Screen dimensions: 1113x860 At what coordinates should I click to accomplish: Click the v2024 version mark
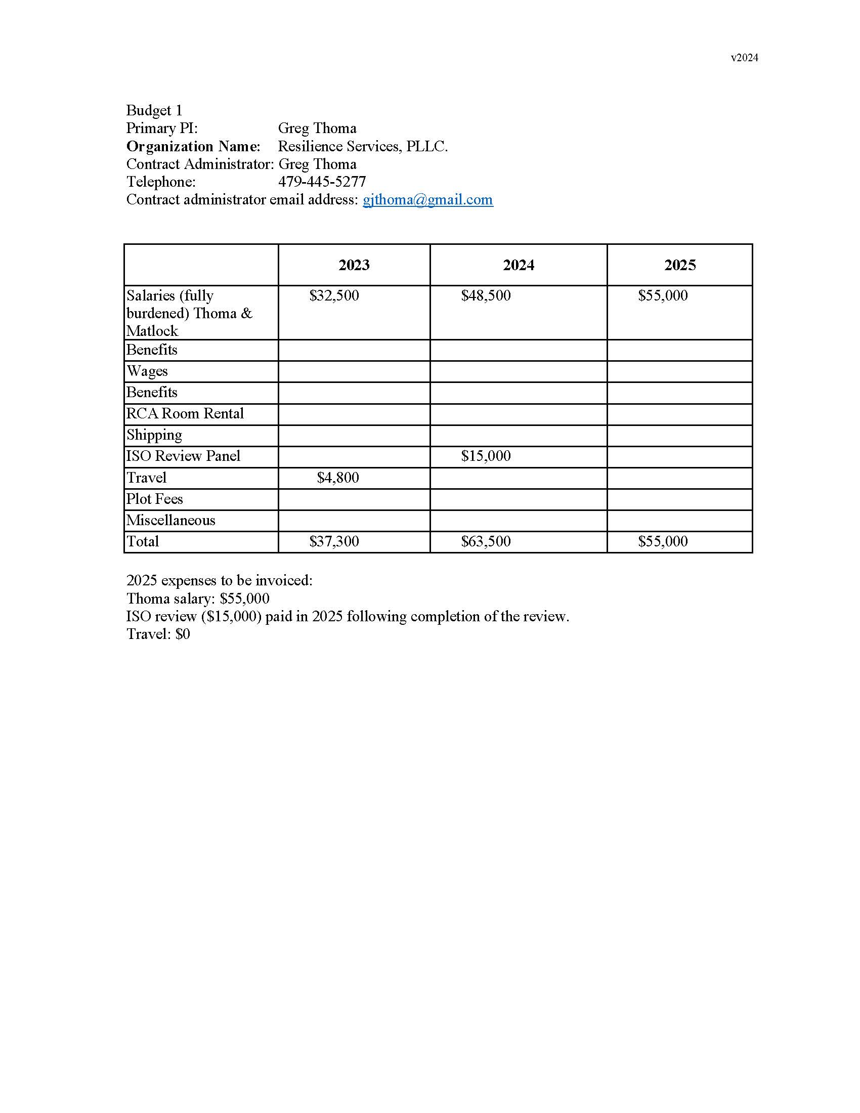744,58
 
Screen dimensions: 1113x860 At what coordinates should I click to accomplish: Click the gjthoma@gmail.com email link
427,199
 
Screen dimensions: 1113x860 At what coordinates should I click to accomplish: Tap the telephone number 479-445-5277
321,182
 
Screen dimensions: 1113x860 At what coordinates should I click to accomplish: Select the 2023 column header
354,265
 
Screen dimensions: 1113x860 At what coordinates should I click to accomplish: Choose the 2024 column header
518,265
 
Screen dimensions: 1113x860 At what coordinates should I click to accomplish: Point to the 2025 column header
679,265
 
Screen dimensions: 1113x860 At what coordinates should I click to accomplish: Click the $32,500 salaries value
334,295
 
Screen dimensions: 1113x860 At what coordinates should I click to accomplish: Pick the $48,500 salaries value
486,295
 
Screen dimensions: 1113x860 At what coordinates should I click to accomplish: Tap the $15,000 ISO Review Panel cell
486,456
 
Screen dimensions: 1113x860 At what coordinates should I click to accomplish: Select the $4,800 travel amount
338,478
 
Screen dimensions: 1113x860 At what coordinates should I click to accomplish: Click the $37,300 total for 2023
334,541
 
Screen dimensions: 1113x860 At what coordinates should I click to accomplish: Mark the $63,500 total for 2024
486,541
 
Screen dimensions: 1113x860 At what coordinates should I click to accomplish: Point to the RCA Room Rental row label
185,413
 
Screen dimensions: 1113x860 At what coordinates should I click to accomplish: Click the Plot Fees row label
154,499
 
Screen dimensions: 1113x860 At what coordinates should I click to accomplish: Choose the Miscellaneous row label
170,520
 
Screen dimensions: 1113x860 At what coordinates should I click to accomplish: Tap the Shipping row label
154,435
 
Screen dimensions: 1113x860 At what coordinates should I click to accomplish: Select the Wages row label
147,371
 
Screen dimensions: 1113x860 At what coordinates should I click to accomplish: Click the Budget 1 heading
154,111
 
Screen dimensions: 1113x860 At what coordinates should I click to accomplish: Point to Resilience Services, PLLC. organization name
363,146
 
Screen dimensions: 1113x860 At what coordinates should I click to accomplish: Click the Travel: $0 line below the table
158,634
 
